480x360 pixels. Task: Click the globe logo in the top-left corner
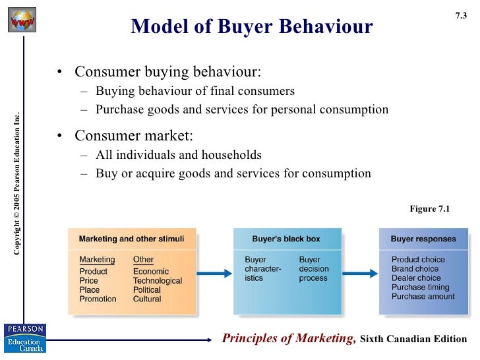click(x=22, y=20)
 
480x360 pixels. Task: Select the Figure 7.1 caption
click(x=429, y=209)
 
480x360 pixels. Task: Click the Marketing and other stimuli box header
click(x=132, y=239)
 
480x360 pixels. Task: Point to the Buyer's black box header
click(x=287, y=239)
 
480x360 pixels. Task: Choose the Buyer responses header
click(x=422, y=239)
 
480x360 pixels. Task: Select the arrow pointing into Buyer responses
click(x=360, y=270)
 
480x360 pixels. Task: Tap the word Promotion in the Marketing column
click(x=98, y=299)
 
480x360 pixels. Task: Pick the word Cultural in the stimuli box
click(x=147, y=299)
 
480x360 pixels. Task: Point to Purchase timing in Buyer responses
click(x=421, y=287)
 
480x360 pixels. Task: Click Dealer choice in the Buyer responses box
click(x=416, y=278)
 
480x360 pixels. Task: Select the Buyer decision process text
click(x=314, y=269)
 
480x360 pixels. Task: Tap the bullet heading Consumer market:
click(x=134, y=136)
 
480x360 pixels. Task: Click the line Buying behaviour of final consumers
click(x=195, y=91)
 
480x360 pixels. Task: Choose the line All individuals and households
click(x=179, y=156)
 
